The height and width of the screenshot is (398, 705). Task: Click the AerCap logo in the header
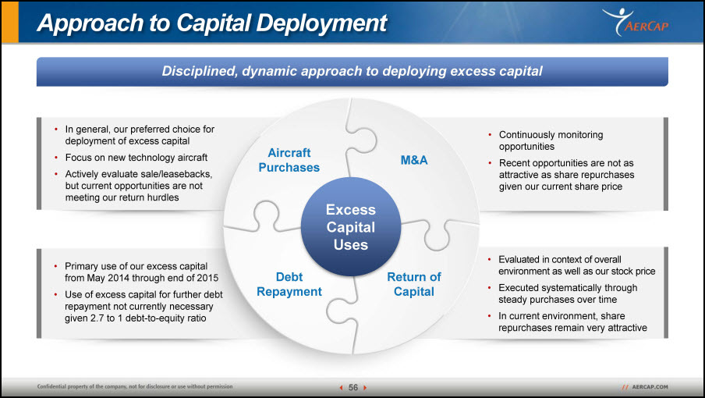(636, 22)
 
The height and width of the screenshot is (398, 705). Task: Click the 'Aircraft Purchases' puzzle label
(289, 160)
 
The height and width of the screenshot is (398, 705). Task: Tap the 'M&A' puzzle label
(414, 160)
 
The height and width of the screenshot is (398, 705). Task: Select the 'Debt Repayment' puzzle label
(289, 284)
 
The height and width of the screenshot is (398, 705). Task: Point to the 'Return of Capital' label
(414, 284)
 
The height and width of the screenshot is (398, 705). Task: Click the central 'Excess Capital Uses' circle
(351, 226)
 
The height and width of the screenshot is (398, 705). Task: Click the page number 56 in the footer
(353, 387)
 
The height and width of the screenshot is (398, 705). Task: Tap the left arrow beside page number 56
(342, 387)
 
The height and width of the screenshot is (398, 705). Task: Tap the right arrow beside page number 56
(365, 387)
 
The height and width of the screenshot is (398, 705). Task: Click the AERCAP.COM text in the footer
(650, 387)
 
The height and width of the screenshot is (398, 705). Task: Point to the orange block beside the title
(10, 22)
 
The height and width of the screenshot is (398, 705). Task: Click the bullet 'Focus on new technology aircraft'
(136, 158)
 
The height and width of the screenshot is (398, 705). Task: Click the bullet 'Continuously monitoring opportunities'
(551, 140)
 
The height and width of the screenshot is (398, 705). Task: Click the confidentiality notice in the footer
(135, 386)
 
